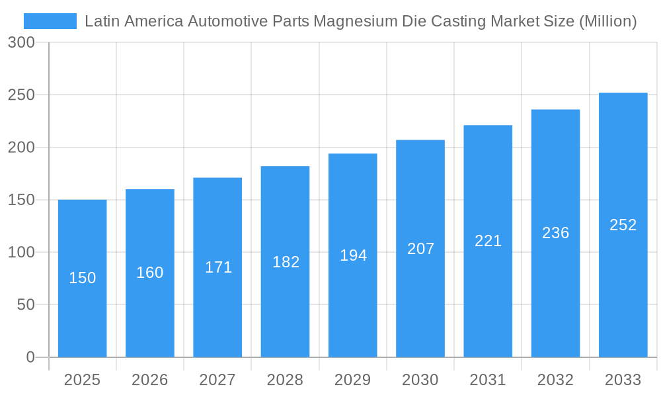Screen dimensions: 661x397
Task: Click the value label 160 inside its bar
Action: (149, 273)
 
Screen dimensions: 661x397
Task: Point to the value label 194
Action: (353, 255)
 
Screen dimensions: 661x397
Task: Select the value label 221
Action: (488, 241)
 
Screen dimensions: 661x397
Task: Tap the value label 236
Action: (555, 233)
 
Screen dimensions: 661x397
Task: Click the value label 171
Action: (218, 267)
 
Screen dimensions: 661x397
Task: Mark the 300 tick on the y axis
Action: (21, 42)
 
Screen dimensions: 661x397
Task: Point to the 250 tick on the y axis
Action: (21, 95)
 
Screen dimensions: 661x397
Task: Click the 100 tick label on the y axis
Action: (21, 252)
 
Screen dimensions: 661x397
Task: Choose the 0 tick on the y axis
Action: (30, 357)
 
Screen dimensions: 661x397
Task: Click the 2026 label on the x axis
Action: (149, 380)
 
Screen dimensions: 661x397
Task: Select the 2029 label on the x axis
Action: (352, 380)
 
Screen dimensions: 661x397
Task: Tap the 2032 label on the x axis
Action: (555, 380)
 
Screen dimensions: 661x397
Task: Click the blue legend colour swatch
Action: (50, 21)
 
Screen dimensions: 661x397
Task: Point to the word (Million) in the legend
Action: (607, 21)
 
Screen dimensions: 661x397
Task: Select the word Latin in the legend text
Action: (100, 21)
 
